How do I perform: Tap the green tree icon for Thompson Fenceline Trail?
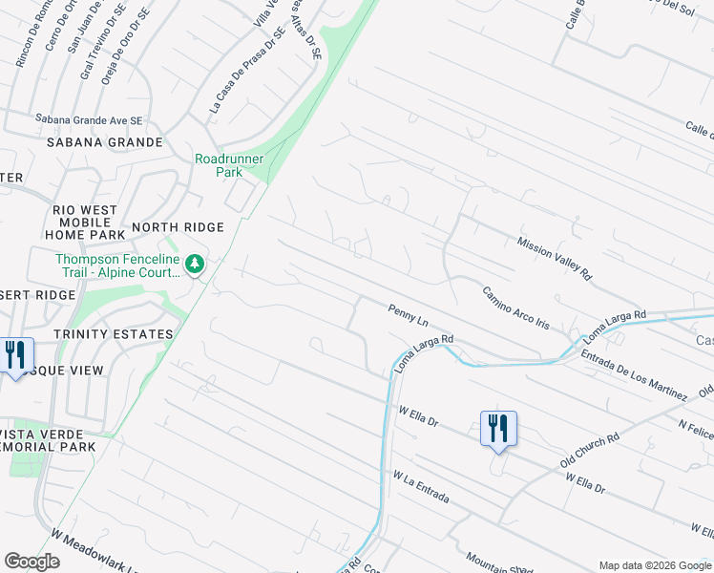click(195, 263)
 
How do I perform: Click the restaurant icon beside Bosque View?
click(15, 355)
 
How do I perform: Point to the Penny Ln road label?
click(408, 312)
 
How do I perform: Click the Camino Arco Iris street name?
click(515, 308)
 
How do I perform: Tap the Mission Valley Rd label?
click(555, 258)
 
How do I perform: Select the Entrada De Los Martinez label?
click(635, 374)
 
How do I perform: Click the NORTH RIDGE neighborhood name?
click(178, 227)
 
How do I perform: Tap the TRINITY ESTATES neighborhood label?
click(114, 334)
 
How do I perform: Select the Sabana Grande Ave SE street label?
click(89, 120)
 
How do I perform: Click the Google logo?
click(31, 562)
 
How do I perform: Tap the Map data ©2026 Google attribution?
click(654, 565)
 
